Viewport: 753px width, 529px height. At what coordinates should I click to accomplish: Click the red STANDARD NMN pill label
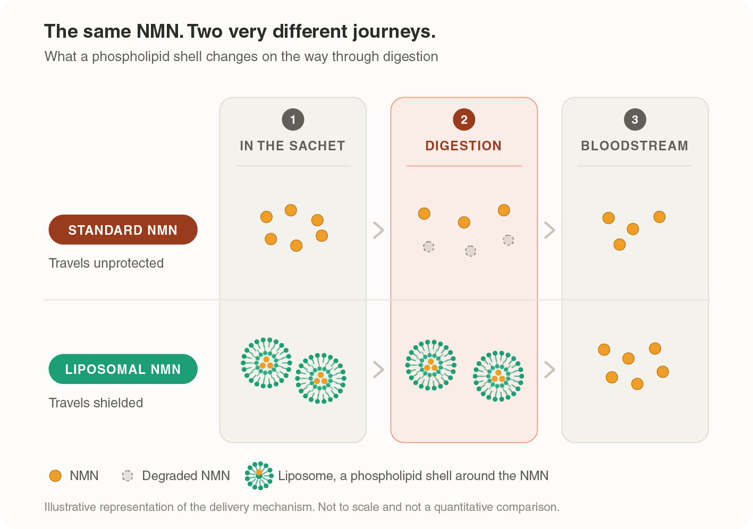tap(123, 229)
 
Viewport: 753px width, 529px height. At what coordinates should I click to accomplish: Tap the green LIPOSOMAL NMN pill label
tap(123, 369)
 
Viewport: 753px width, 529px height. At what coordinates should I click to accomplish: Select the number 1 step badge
tap(293, 120)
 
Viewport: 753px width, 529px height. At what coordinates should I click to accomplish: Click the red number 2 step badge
tap(464, 120)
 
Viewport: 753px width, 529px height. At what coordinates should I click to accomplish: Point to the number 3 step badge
tap(635, 120)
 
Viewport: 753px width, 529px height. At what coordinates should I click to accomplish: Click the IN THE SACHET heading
tap(292, 146)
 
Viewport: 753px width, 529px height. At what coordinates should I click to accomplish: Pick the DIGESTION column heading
tap(463, 146)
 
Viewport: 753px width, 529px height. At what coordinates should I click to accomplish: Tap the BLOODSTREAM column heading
tap(634, 146)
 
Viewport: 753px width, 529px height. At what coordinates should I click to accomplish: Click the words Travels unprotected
tap(106, 263)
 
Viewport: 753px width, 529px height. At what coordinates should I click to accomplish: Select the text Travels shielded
tap(96, 403)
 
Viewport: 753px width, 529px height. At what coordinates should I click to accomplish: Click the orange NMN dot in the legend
tap(55, 476)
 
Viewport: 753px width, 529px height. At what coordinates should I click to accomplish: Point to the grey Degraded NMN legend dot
tap(128, 476)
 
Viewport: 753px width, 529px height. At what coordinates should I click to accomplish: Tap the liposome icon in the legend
tap(259, 475)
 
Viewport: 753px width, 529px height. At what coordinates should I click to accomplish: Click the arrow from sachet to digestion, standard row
tap(378, 230)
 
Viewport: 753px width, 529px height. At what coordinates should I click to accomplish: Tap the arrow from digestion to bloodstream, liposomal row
tap(549, 370)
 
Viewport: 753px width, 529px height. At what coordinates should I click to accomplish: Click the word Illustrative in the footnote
tap(70, 507)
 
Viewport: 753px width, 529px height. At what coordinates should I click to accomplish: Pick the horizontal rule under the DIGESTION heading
tap(464, 166)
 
